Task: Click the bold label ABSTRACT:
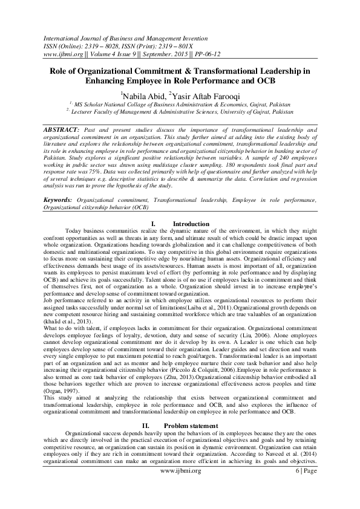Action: point(62,130)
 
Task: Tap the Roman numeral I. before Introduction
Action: point(153,224)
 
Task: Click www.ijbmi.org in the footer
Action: point(180,487)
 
